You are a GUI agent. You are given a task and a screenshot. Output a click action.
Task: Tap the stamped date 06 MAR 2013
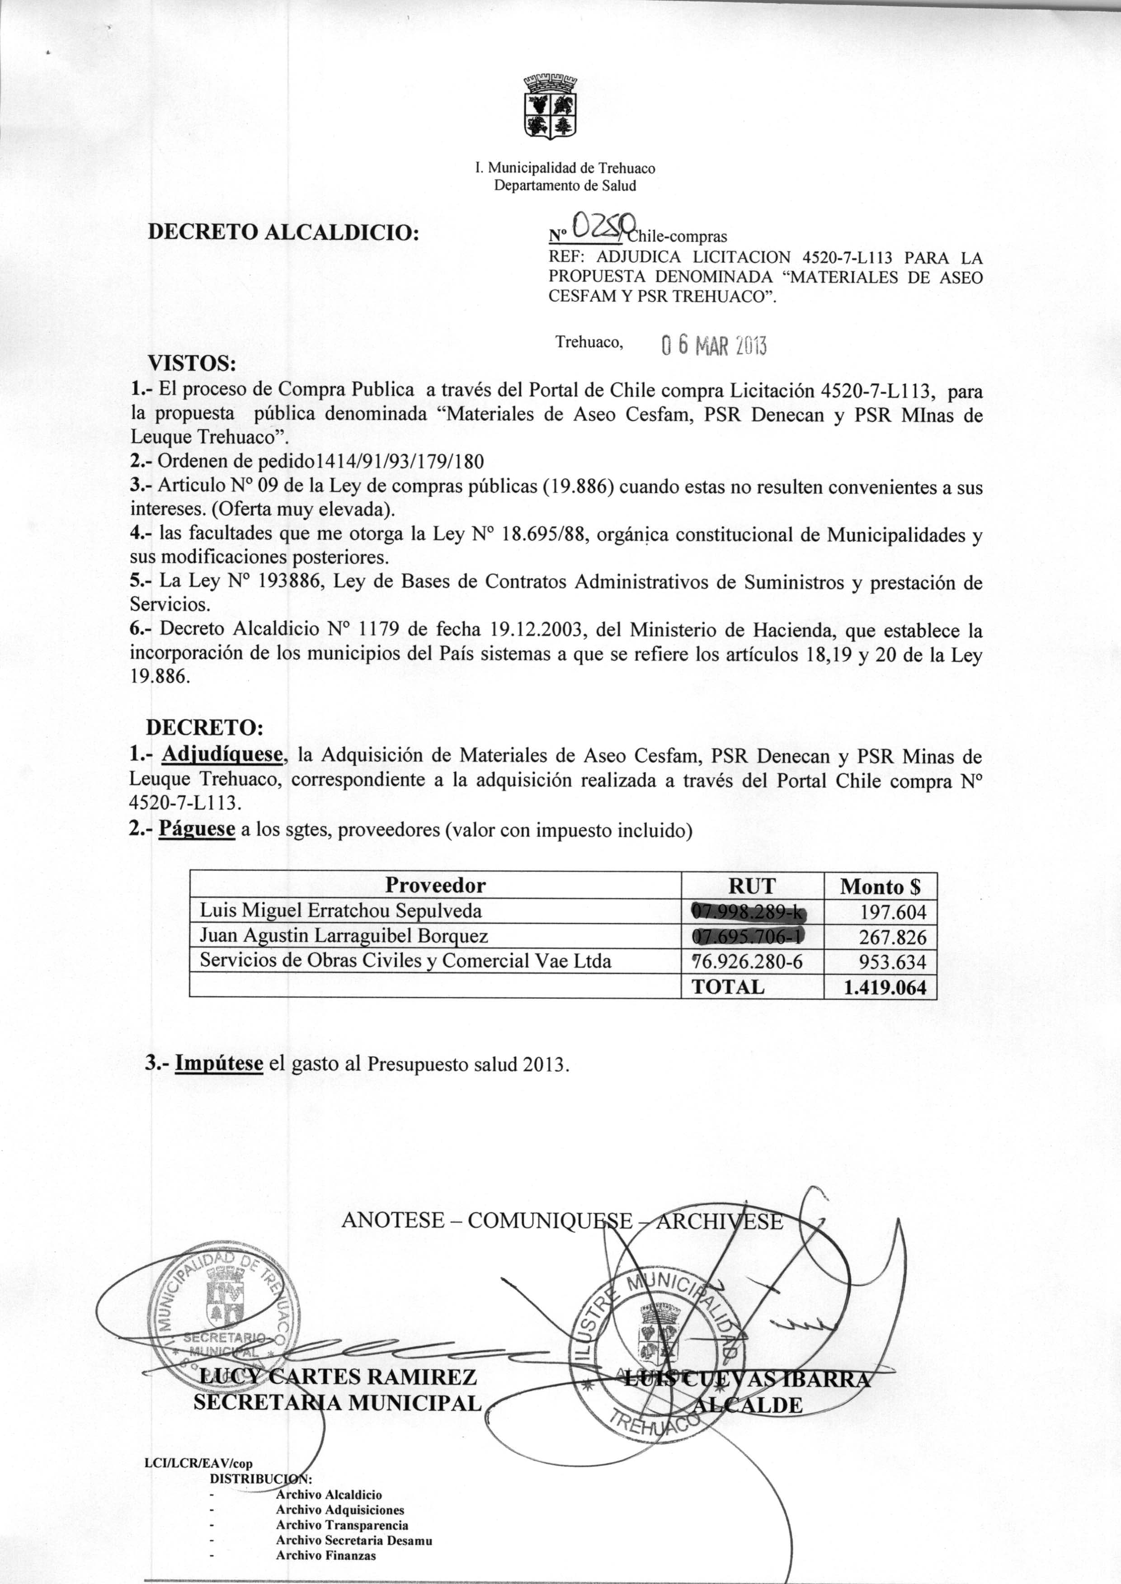(713, 344)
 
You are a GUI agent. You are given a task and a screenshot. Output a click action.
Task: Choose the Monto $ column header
(880, 886)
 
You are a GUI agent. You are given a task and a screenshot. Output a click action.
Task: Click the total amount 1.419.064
(885, 987)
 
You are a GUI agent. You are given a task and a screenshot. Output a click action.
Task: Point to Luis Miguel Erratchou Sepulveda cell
(340, 911)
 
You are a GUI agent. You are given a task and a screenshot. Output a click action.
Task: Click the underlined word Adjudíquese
(222, 756)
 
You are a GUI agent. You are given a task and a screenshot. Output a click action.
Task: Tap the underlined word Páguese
(198, 829)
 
